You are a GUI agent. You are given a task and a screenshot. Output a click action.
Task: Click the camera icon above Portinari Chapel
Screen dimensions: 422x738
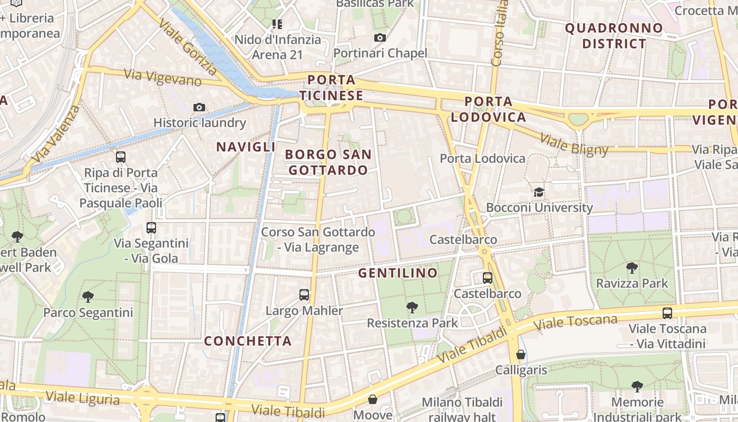[380, 37]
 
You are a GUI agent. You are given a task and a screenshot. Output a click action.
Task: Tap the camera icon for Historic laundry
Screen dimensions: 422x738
[199, 107]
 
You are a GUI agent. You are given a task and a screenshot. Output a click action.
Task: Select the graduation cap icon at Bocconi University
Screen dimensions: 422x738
[539, 192]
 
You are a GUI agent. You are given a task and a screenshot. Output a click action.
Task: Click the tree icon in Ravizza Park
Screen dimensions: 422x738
[632, 268]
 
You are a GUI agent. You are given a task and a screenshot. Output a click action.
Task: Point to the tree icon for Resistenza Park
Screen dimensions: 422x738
[412, 307]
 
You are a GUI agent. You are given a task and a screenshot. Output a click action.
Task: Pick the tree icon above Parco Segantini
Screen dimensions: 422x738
[88, 297]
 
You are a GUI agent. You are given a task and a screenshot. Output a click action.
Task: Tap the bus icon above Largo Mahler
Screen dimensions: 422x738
[304, 295]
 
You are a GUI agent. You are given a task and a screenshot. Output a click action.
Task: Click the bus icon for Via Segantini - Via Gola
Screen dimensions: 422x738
[151, 228]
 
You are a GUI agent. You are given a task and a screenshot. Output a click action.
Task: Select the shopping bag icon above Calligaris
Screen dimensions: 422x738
[521, 354]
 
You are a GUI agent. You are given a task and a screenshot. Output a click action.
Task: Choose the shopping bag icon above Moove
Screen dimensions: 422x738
[373, 399]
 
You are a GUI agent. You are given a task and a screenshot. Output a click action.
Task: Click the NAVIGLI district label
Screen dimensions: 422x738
[246, 147]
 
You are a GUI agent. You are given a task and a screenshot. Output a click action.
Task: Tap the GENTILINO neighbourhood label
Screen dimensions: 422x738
[398, 273]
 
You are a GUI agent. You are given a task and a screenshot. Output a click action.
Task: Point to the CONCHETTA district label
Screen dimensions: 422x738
[248, 341]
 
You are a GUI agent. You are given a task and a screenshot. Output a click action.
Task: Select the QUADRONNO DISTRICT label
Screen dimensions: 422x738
[614, 36]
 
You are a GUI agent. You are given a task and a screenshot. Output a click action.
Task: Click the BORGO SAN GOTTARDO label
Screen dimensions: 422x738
[328, 162]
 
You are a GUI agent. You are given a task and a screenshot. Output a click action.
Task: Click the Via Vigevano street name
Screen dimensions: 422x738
[163, 78]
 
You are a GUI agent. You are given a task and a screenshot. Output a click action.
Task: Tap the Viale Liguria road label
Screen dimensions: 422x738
[82, 397]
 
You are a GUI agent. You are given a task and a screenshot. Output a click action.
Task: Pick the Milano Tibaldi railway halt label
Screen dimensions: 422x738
[462, 409]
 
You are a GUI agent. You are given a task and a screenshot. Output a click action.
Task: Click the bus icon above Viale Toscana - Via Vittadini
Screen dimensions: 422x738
[667, 313]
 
